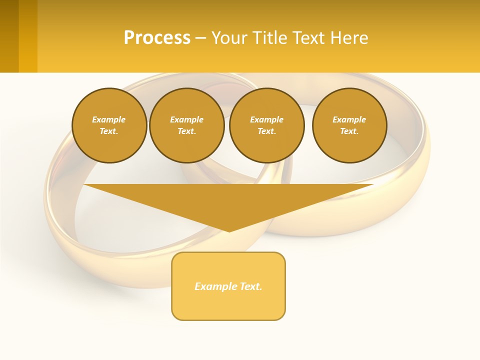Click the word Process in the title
157,37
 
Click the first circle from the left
109,125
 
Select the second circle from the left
187,125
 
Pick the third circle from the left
267,125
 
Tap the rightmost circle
349,125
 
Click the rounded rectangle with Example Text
228,286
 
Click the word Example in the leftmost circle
109,119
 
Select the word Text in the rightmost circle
348,131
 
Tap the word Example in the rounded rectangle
216,286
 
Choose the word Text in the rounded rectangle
250,286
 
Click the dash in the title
200,38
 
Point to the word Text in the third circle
266,131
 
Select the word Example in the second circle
187,119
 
